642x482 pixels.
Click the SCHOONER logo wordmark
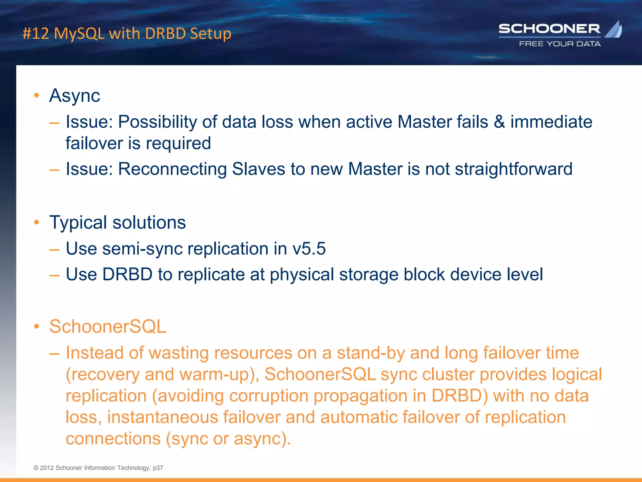click(x=549, y=29)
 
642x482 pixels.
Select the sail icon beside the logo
click(x=614, y=29)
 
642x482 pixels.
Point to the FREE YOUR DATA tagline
click(x=560, y=44)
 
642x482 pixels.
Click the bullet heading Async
click(x=75, y=95)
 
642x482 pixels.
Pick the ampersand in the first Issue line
click(x=499, y=122)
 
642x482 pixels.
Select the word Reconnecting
click(x=172, y=169)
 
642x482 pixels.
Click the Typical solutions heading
click(x=118, y=222)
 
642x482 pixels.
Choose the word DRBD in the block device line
click(x=127, y=274)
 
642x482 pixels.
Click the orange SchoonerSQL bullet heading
click(x=108, y=326)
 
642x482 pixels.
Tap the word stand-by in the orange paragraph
click(x=371, y=353)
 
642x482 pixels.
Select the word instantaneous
click(x=162, y=417)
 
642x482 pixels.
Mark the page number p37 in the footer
click(x=158, y=468)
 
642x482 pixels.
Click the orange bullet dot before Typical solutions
click(x=37, y=222)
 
